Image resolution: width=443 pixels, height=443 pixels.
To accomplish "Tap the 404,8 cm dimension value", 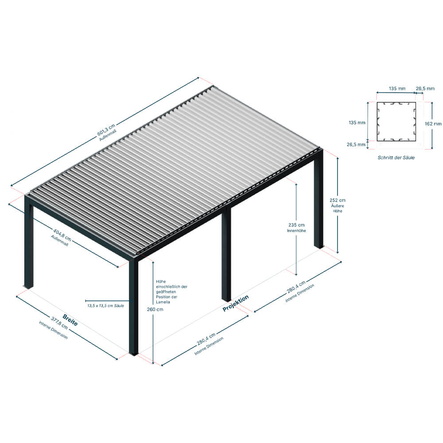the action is (62, 236).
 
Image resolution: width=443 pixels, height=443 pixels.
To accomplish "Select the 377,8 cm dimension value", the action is (59, 323).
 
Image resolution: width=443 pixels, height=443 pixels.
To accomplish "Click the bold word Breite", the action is (70, 320).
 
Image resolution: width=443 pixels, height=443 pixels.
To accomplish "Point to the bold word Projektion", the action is (236, 303).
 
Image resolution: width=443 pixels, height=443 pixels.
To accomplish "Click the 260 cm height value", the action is (155, 309).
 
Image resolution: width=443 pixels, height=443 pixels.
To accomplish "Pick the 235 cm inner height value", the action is (296, 225).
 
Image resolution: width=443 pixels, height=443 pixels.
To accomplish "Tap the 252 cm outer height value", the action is (337, 200).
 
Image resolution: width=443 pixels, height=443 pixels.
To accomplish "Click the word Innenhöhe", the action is (296, 231).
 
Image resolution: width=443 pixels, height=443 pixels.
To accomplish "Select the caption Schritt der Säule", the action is (396, 158).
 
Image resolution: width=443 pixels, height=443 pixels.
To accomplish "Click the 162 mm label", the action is (433, 124).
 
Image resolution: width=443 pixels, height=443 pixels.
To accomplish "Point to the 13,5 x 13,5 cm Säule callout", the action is (106, 306).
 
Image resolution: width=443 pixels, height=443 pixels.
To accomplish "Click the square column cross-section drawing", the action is (396, 121).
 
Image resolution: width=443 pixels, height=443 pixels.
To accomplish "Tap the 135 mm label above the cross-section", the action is (397, 89).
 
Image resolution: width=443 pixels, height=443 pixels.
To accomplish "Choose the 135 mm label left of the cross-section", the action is (357, 123).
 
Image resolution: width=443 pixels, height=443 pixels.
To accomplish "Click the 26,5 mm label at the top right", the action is (425, 89).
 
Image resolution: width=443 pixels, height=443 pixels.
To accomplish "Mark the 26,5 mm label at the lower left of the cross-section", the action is (356, 144).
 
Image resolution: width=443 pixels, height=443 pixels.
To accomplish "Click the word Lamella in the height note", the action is (163, 302).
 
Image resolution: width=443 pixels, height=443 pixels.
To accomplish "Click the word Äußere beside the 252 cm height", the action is (337, 206).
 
